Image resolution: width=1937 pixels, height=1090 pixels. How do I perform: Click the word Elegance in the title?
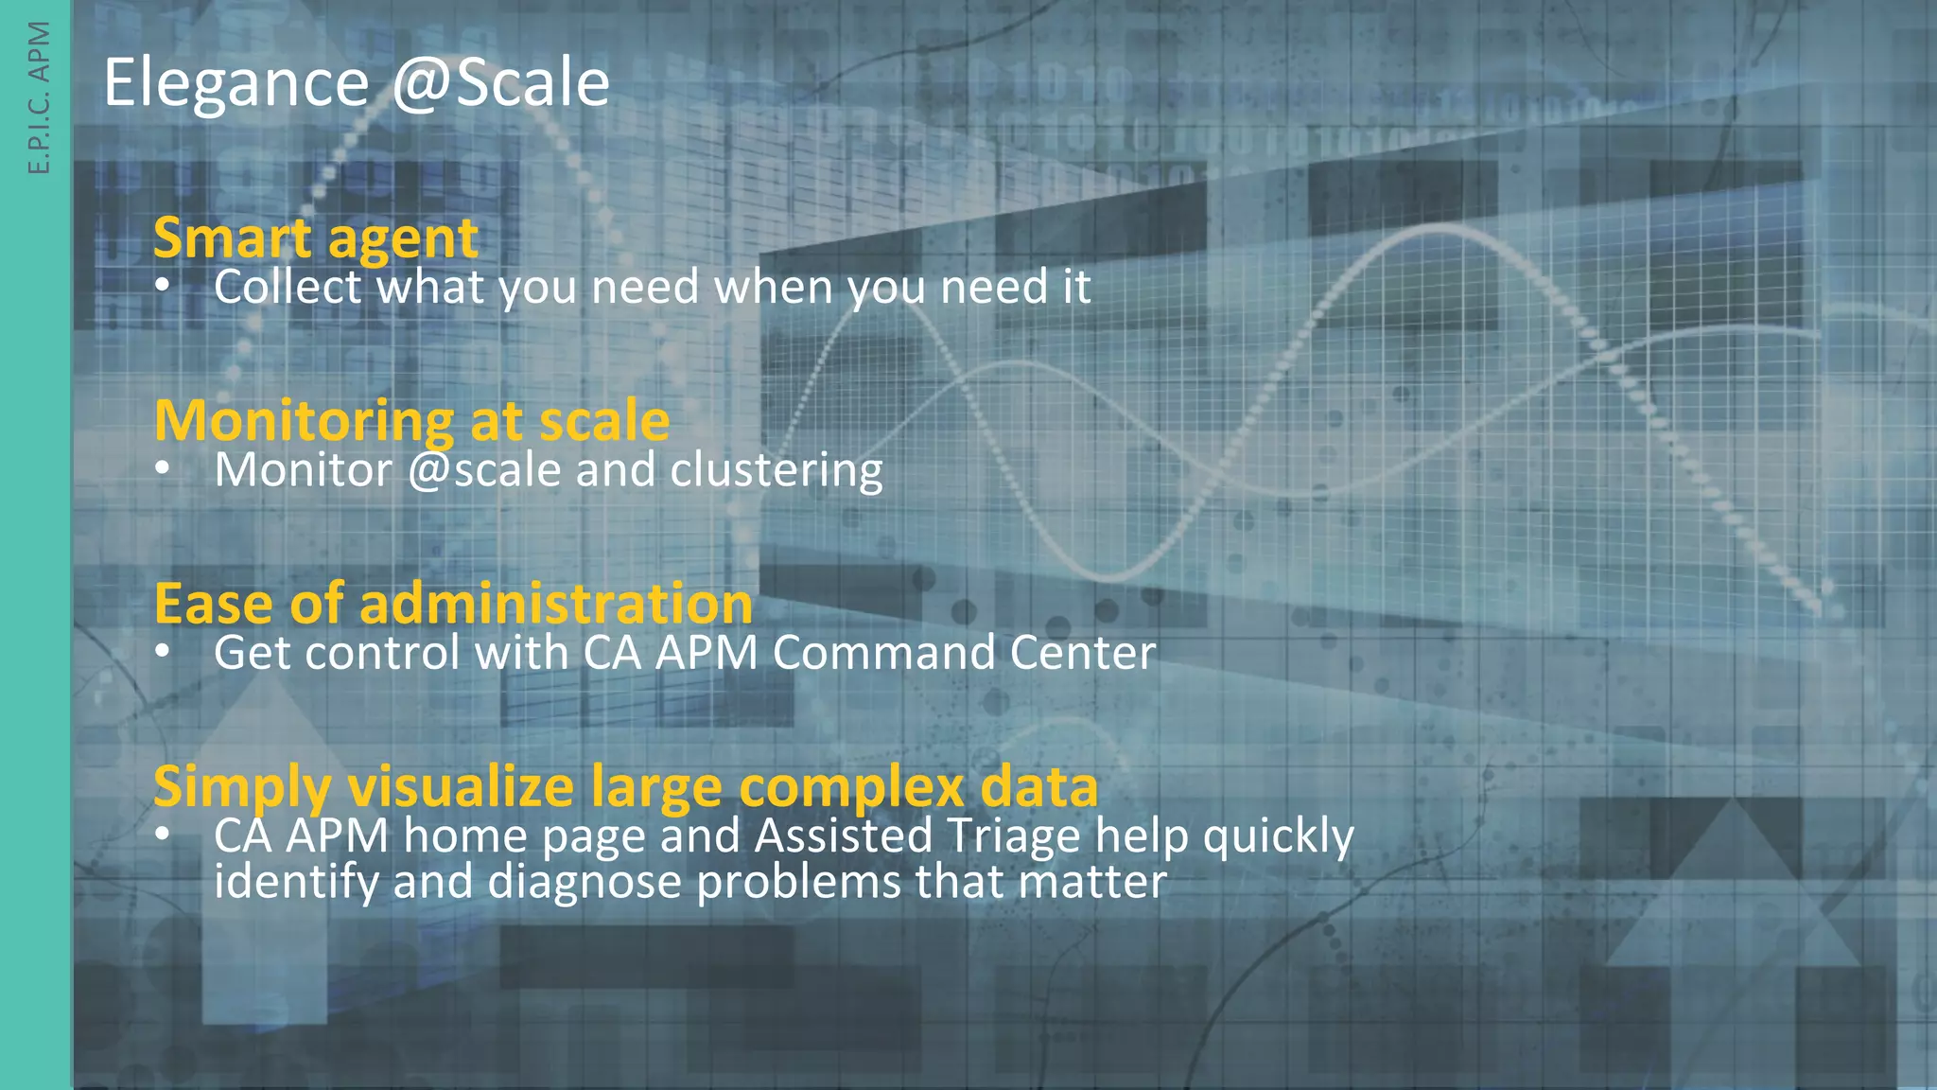236,83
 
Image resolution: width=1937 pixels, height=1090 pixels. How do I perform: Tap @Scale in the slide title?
500,83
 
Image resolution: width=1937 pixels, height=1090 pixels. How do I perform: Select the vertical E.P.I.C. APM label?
39,97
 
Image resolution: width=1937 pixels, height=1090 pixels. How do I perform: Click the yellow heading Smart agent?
316,237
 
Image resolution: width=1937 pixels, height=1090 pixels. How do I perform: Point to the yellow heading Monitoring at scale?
411,420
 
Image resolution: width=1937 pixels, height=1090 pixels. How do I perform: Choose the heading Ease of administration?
453,604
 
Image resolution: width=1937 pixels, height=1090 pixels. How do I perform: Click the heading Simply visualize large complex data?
625,786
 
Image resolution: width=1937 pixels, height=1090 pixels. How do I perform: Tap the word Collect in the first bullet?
288,287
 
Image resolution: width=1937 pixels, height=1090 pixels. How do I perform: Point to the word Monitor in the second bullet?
303,470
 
